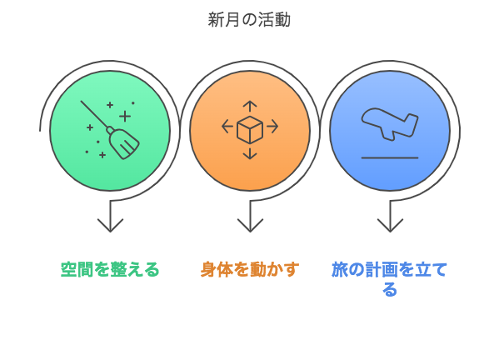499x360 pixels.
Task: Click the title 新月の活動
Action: (249, 20)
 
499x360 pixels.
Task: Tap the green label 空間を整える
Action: (110, 270)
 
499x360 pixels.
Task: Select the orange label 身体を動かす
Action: (250, 270)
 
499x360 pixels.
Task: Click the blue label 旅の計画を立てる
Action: (390, 279)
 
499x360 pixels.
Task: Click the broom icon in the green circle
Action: (110, 130)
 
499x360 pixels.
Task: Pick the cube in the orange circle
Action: (250, 130)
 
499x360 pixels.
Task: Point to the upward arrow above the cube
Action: (250, 107)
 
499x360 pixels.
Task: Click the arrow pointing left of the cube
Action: (227, 127)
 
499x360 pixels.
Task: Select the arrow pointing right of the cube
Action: (272, 127)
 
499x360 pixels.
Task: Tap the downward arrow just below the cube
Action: (250, 153)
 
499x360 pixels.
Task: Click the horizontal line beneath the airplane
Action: (390, 157)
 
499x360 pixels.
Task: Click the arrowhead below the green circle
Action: (110, 225)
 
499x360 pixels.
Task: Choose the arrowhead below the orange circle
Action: (250, 225)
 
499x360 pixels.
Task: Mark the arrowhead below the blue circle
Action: (390, 225)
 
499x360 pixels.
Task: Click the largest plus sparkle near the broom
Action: (125, 116)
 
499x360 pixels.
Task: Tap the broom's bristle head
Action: (124, 144)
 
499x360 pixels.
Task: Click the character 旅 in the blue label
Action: (340, 270)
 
